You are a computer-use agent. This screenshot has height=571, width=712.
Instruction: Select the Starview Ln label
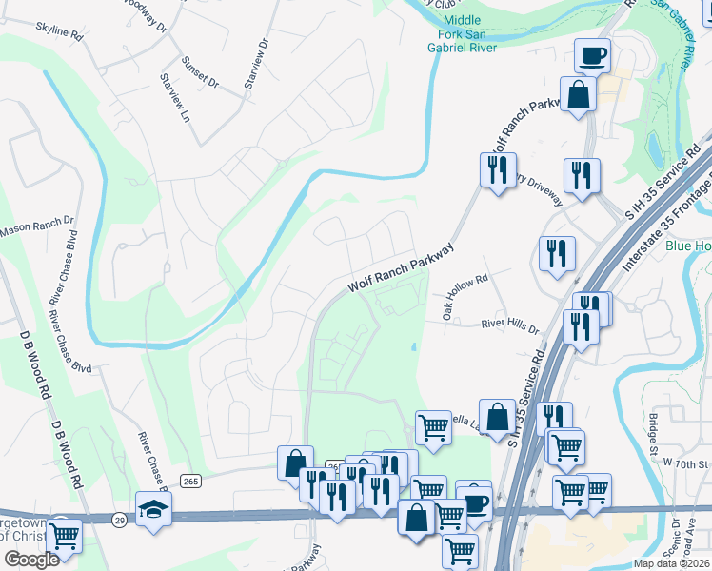coord(174,97)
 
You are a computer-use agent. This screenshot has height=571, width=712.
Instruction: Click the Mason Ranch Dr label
coord(36,228)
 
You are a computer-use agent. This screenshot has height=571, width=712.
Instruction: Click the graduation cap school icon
coord(153,507)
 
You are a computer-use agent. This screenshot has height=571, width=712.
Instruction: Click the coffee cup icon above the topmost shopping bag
coord(592,54)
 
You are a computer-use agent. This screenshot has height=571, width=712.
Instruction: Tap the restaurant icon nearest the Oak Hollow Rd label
coord(557,252)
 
